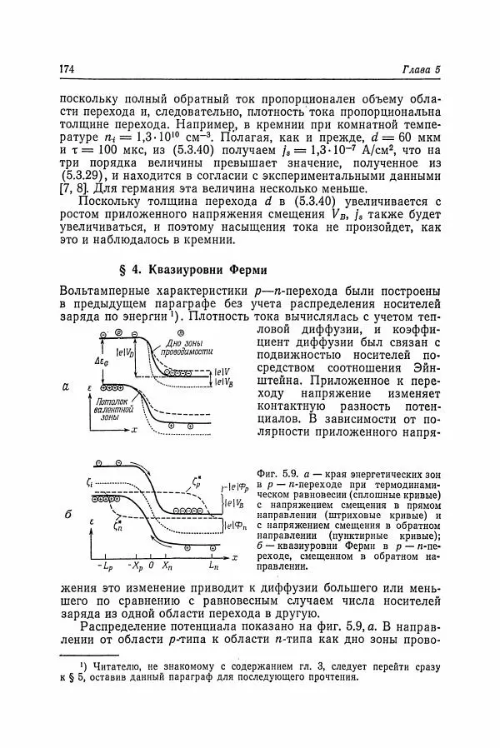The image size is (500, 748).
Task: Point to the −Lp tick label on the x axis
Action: [x=104, y=566]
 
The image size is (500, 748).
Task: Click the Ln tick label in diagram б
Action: [x=213, y=566]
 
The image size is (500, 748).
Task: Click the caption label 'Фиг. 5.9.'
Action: [x=281, y=463]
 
